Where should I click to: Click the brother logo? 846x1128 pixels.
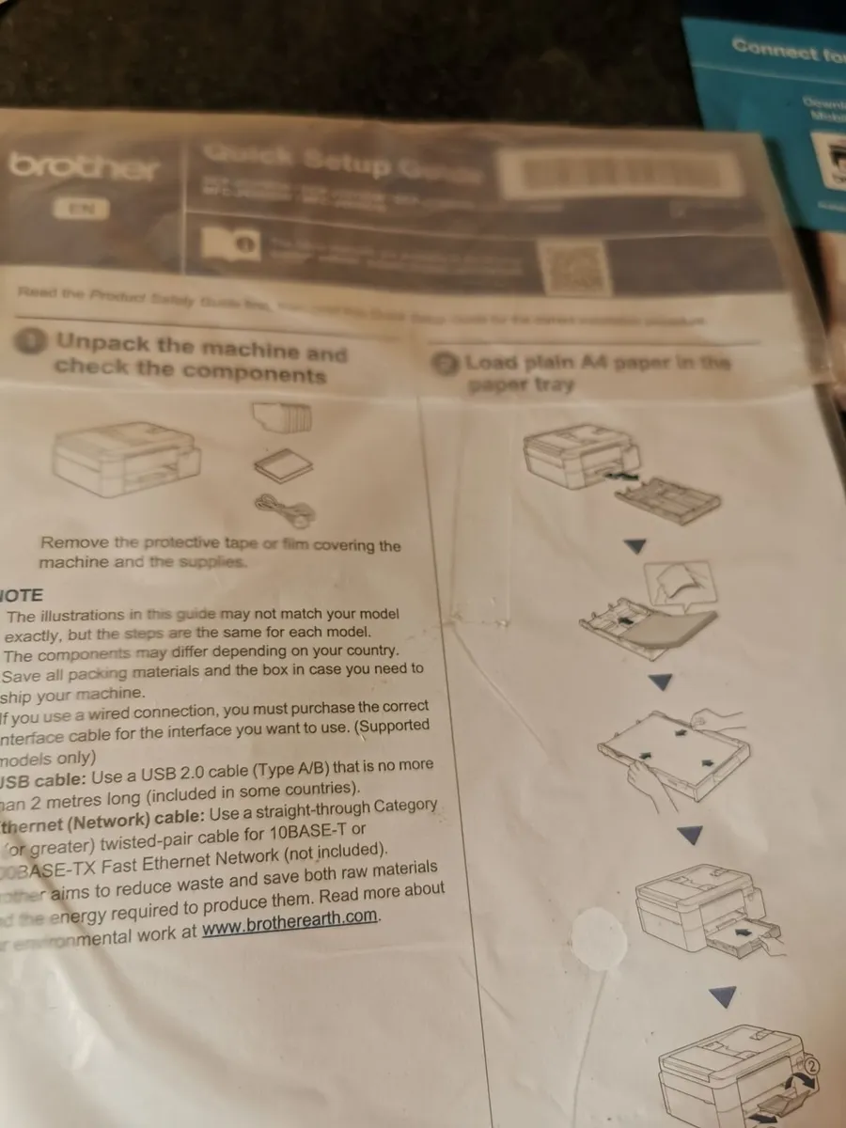[x=85, y=167]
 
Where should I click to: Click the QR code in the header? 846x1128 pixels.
[x=573, y=266]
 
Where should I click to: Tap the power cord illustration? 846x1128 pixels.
[x=286, y=510]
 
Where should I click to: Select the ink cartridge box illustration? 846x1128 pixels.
[x=282, y=415]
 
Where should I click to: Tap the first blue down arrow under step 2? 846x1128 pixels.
[x=635, y=546]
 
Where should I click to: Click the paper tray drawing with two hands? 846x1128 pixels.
[x=674, y=751]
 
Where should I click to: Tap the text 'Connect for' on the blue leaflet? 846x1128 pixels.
[x=788, y=50]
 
